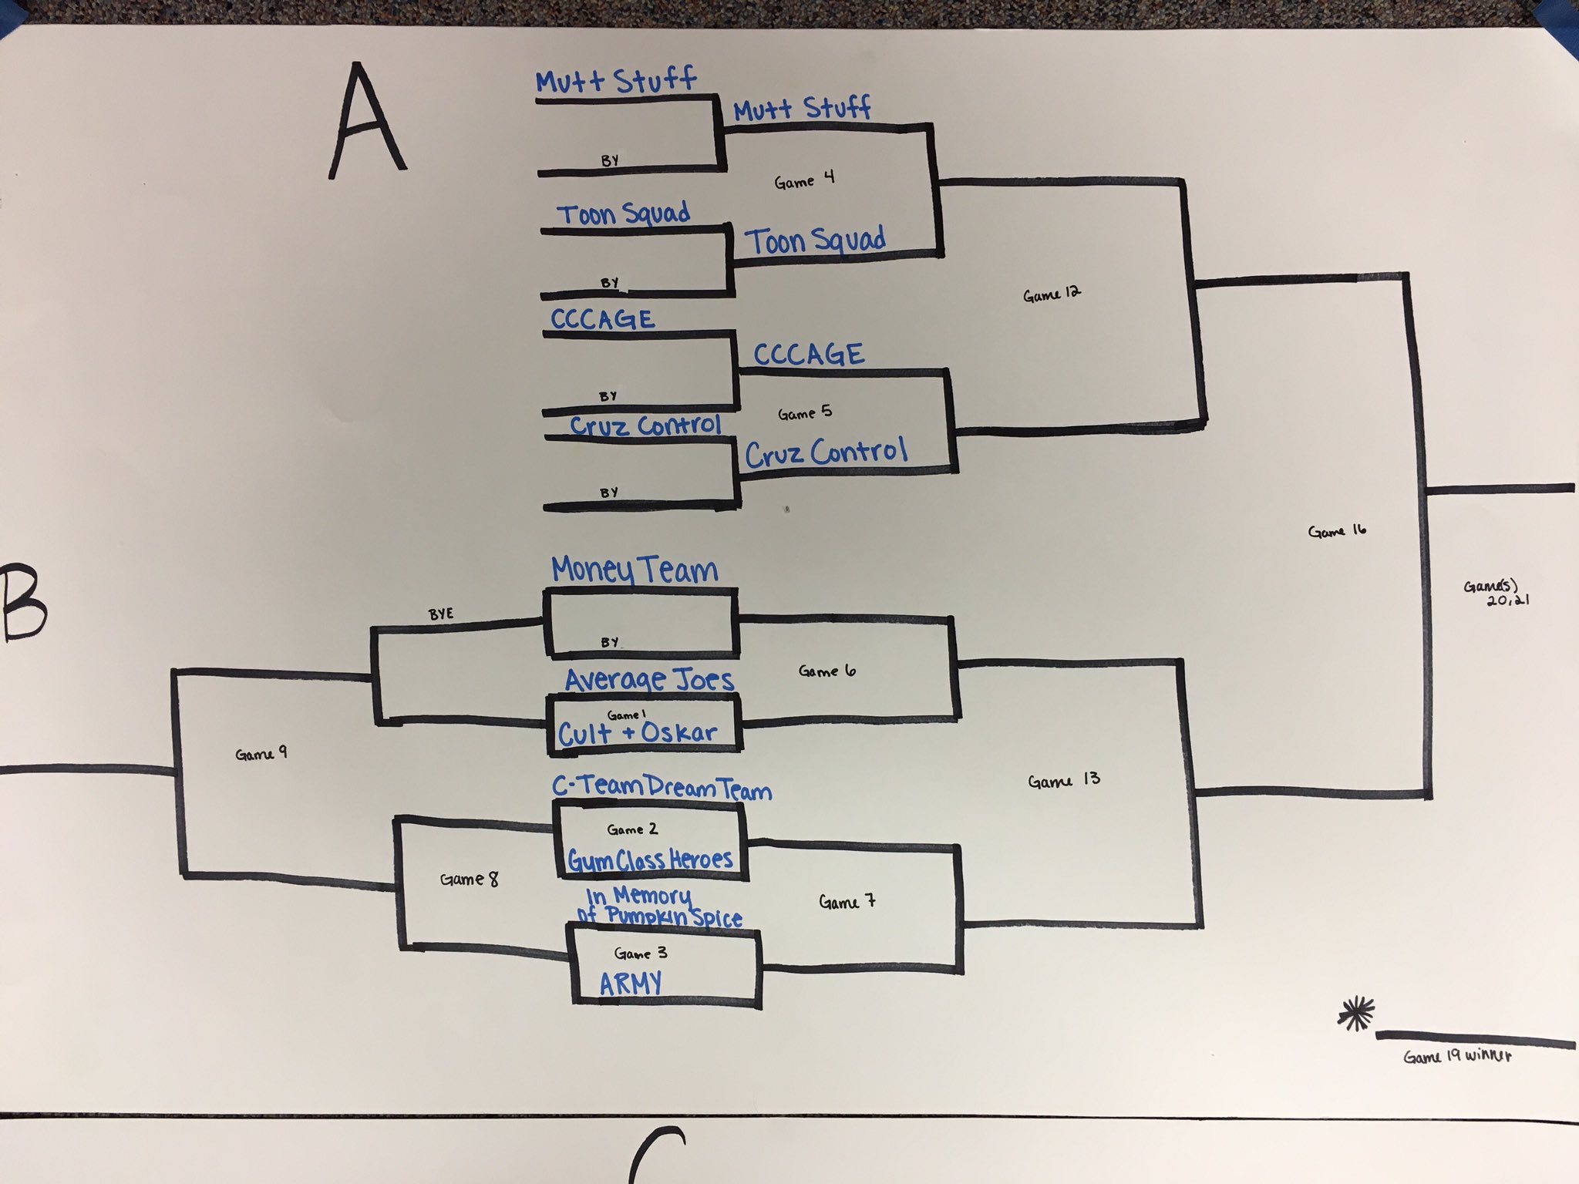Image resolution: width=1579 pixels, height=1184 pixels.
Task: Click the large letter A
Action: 367,122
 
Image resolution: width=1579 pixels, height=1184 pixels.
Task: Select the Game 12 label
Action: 1052,294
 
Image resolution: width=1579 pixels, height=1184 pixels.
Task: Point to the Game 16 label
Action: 1337,530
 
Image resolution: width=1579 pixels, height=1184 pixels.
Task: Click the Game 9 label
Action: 261,754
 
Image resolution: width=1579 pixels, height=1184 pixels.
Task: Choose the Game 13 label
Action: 1064,781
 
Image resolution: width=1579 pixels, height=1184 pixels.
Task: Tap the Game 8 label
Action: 469,879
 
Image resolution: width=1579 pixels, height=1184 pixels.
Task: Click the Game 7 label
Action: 847,901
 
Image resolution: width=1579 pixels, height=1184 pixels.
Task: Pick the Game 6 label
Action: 827,671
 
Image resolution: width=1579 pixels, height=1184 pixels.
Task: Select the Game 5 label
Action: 805,413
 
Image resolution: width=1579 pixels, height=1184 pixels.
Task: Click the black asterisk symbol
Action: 1356,1014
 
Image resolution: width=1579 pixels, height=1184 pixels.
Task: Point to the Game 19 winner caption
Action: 1456,1056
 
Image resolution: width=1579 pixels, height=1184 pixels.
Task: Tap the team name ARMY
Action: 631,983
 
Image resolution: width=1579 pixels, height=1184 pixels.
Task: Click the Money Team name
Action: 635,570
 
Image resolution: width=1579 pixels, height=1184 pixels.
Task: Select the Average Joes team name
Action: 649,680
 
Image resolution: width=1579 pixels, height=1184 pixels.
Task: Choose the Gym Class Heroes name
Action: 650,859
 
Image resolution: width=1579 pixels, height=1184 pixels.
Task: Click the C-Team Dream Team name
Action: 662,787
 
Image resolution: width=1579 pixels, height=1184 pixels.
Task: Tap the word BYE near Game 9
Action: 441,614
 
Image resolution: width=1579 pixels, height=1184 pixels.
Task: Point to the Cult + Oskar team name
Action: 638,733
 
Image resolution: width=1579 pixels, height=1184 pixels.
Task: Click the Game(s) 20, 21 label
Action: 1497,593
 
